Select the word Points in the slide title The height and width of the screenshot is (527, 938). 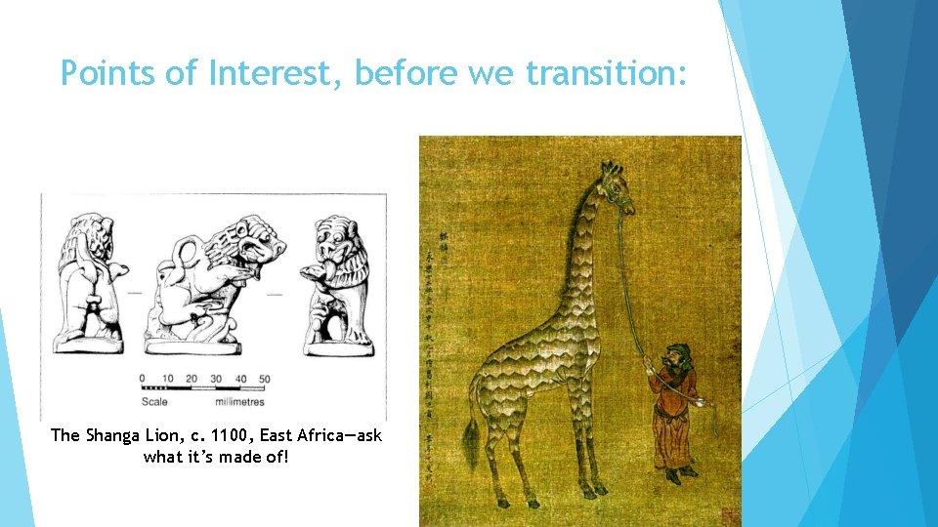click(107, 72)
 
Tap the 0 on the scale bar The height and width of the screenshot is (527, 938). click(144, 379)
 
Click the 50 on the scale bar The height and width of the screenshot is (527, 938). click(264, 379)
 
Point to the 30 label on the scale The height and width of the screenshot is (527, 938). click(215, 379)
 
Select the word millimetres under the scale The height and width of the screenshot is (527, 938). click(242, 401)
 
